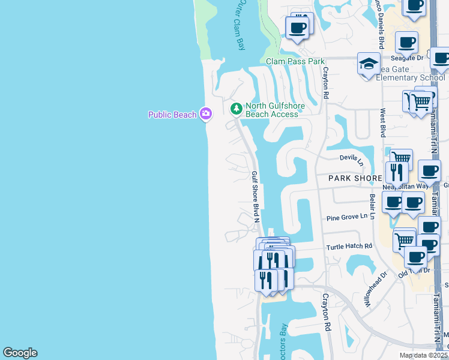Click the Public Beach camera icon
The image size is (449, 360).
pos(206,113)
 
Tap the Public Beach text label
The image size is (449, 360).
pos(172,114)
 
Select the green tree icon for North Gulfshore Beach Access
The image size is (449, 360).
pos(237,109)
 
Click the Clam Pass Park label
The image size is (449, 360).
pos(295,61)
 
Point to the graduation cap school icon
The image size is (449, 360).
pos(368,64)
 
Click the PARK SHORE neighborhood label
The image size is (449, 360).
pos(355,178)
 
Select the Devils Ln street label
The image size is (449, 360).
pos(352,158)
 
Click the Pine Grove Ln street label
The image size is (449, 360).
pos(346,217)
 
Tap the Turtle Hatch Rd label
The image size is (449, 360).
pos(349,246)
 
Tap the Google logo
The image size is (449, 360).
pos(20,353)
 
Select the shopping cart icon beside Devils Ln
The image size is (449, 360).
pos(401,157)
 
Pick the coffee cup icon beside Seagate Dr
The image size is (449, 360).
pos(407,42)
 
